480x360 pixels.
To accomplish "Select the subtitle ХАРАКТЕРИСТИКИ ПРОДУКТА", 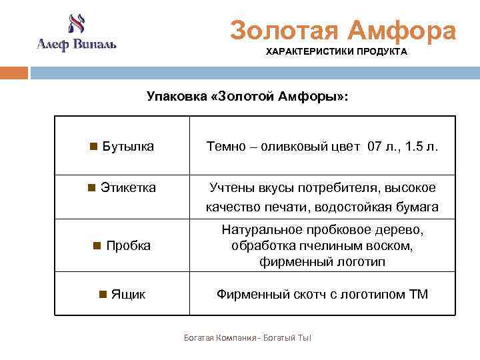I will click(x=337, y=52).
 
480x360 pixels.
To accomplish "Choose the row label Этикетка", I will click(x=128, y=188).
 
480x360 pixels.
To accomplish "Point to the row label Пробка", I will click(x=128, y=245).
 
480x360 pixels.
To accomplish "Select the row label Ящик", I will click(x=128, y=294).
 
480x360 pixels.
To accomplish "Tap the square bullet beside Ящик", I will click(x=102, y=294).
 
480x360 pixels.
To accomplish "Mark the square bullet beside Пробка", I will click(x=97, y=245).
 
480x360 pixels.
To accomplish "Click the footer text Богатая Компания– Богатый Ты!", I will click(x=247, y=338).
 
